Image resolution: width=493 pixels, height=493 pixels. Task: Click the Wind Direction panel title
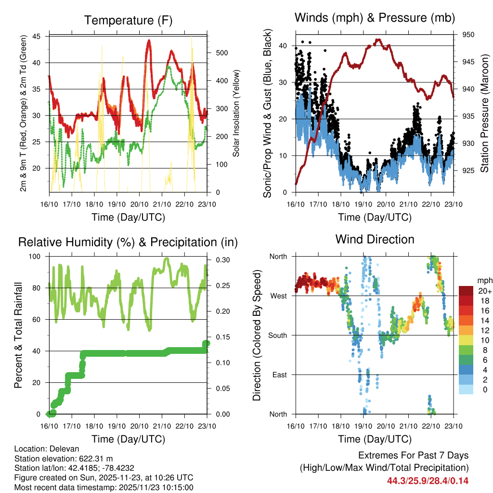(x=375, y=239)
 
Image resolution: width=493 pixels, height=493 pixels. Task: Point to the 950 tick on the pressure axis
(x=469, y=35)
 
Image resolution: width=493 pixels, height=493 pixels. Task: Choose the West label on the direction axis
(x=278, y=296)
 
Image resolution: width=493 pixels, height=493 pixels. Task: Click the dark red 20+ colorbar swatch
(x=466, y=291)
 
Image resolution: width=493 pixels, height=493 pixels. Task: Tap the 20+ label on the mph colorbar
(x=484, y=291)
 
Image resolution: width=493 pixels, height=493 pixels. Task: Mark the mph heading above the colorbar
(x=484, y=280)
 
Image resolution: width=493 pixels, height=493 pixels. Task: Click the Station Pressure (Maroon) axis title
(x=485, y=113)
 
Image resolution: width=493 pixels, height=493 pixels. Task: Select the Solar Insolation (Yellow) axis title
(x=236, y=113)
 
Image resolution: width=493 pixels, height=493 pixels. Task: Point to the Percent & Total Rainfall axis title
(x=18, y=336)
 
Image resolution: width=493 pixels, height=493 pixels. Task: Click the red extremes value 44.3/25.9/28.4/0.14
(x=428, y=480)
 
